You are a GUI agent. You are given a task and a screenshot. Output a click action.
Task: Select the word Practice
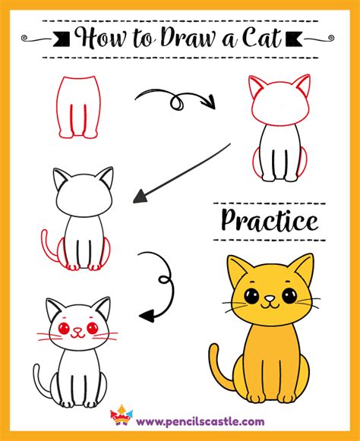coord(270,221)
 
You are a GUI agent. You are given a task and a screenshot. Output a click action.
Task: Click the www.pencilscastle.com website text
coord(200,421)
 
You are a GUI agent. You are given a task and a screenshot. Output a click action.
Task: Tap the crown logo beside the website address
coord(122,415)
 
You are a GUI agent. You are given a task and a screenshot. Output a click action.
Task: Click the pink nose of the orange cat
coord(270,298)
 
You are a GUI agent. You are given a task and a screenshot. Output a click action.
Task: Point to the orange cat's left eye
coord(251,296)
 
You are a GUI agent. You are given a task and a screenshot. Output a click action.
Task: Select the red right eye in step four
coord(93,328)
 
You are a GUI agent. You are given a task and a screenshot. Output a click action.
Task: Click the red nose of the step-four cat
coord(77,329)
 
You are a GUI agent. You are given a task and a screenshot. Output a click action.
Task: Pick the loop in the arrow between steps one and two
coord(177,102)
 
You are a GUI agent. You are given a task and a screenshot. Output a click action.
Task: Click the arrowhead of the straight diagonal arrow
coord(140,197)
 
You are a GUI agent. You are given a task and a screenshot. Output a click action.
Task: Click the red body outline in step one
coord(78,107)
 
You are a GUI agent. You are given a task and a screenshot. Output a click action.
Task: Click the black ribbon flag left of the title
coord(62,39)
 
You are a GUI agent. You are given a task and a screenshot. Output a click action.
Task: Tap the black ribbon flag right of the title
coord(294,39)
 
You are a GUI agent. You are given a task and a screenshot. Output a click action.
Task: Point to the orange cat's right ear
coord(303,268)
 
